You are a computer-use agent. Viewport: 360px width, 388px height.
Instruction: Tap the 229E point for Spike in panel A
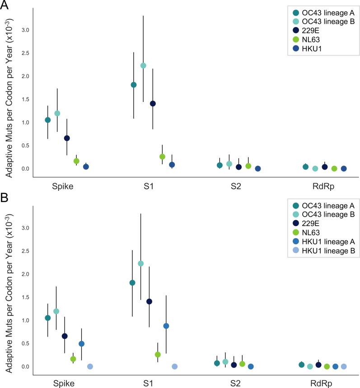point(67,138)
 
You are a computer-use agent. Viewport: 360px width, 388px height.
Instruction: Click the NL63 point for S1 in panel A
point(162,157)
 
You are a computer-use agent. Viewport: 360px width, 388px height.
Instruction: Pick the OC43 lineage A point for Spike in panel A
point(48,120)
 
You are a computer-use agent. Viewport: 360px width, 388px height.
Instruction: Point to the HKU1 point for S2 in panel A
point(258,169)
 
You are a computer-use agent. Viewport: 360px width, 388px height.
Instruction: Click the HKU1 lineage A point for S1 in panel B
point(166,326)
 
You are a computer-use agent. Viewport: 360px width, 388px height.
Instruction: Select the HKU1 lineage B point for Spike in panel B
point(90,366)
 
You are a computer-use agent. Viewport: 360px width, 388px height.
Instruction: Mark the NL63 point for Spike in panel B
point(73,359)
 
